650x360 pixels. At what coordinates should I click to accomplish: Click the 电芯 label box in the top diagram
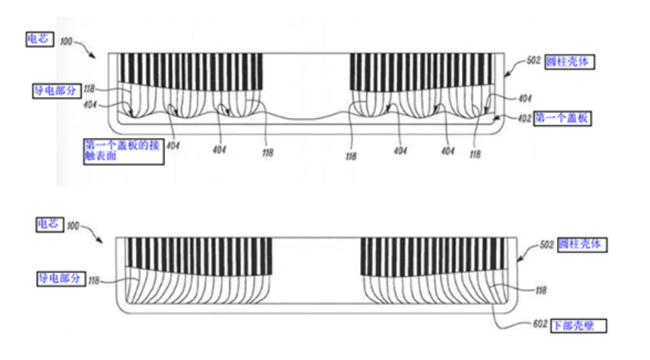(39, 39)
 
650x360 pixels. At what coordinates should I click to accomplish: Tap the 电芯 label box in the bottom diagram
(50, 225)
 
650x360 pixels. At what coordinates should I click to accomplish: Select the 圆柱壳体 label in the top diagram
(570, 62)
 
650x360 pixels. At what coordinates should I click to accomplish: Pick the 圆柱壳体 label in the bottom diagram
(582, 244)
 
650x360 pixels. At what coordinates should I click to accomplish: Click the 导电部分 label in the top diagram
(57, 91)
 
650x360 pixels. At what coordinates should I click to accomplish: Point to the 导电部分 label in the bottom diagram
(61, 278)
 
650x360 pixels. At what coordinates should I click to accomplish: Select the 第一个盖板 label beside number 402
(562, 118)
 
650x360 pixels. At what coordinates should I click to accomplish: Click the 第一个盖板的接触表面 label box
(124, 152)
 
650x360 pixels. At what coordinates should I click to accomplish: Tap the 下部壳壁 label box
(578, 326)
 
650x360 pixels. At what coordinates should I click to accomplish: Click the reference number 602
(540, 324)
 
